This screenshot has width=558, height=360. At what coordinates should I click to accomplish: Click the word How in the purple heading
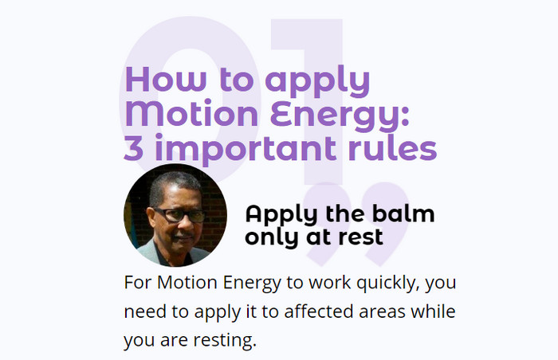pyautogui.click(x=166, y=80)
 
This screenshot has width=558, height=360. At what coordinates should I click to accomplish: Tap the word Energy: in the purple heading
pyautogui.click(x=340, y=116)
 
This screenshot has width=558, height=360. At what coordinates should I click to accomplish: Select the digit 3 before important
pyautogui.click(x=134, y=147)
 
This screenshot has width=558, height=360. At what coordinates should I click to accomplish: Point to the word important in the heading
pyautogui.click(x=246, y=150)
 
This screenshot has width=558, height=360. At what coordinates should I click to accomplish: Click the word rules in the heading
pyautogui.click(x=392, y=147)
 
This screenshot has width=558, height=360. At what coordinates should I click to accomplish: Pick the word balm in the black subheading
pyautogui.click(x=403, y=213)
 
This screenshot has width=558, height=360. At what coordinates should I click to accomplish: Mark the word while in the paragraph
pyautogui.click(x=433, y=311)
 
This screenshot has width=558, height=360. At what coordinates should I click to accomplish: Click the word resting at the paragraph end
pyautogui.click(x=225, y=340)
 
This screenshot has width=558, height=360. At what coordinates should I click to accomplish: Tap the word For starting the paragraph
pyautogui.click(x=138, y=283)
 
